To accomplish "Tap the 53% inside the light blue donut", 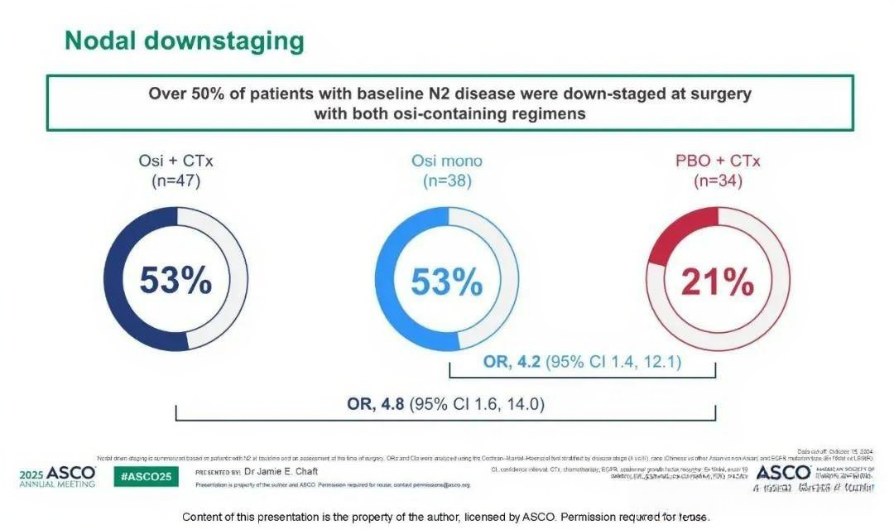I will coord(447,282).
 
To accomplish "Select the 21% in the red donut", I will coord(718,282).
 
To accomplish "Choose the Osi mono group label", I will coord(447,161).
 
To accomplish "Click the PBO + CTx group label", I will coord(718,161).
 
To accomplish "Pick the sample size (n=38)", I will coord(447,181).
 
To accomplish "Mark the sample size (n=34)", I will coord(718,181).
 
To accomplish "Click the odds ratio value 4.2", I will coord(529,362).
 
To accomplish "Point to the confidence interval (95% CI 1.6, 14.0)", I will coord(481,404).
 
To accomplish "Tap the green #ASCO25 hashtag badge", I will coord(147,476).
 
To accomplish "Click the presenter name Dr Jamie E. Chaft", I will coord(281,471).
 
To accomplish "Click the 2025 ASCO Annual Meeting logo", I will coord(56,476).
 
